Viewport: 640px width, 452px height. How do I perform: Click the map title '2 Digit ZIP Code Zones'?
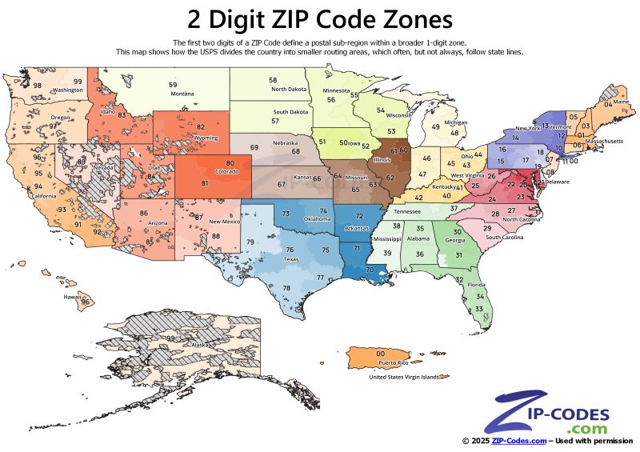tap(319, 18)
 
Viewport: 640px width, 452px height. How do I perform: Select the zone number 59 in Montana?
tap(173, 85)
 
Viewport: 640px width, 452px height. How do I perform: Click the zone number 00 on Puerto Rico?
tap(381, 354)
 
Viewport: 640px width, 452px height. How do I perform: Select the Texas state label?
tap(291, 259)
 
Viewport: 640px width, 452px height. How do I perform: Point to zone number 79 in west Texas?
tap(250, 242)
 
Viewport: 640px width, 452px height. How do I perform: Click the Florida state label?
tap(477, 285)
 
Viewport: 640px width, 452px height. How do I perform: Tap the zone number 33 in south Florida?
tap(478, 309)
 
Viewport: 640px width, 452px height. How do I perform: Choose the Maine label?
tap(621, 102)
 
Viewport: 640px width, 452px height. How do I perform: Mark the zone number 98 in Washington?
tap(37, 85)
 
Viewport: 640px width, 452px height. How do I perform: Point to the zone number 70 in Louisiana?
tap(370, 270)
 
